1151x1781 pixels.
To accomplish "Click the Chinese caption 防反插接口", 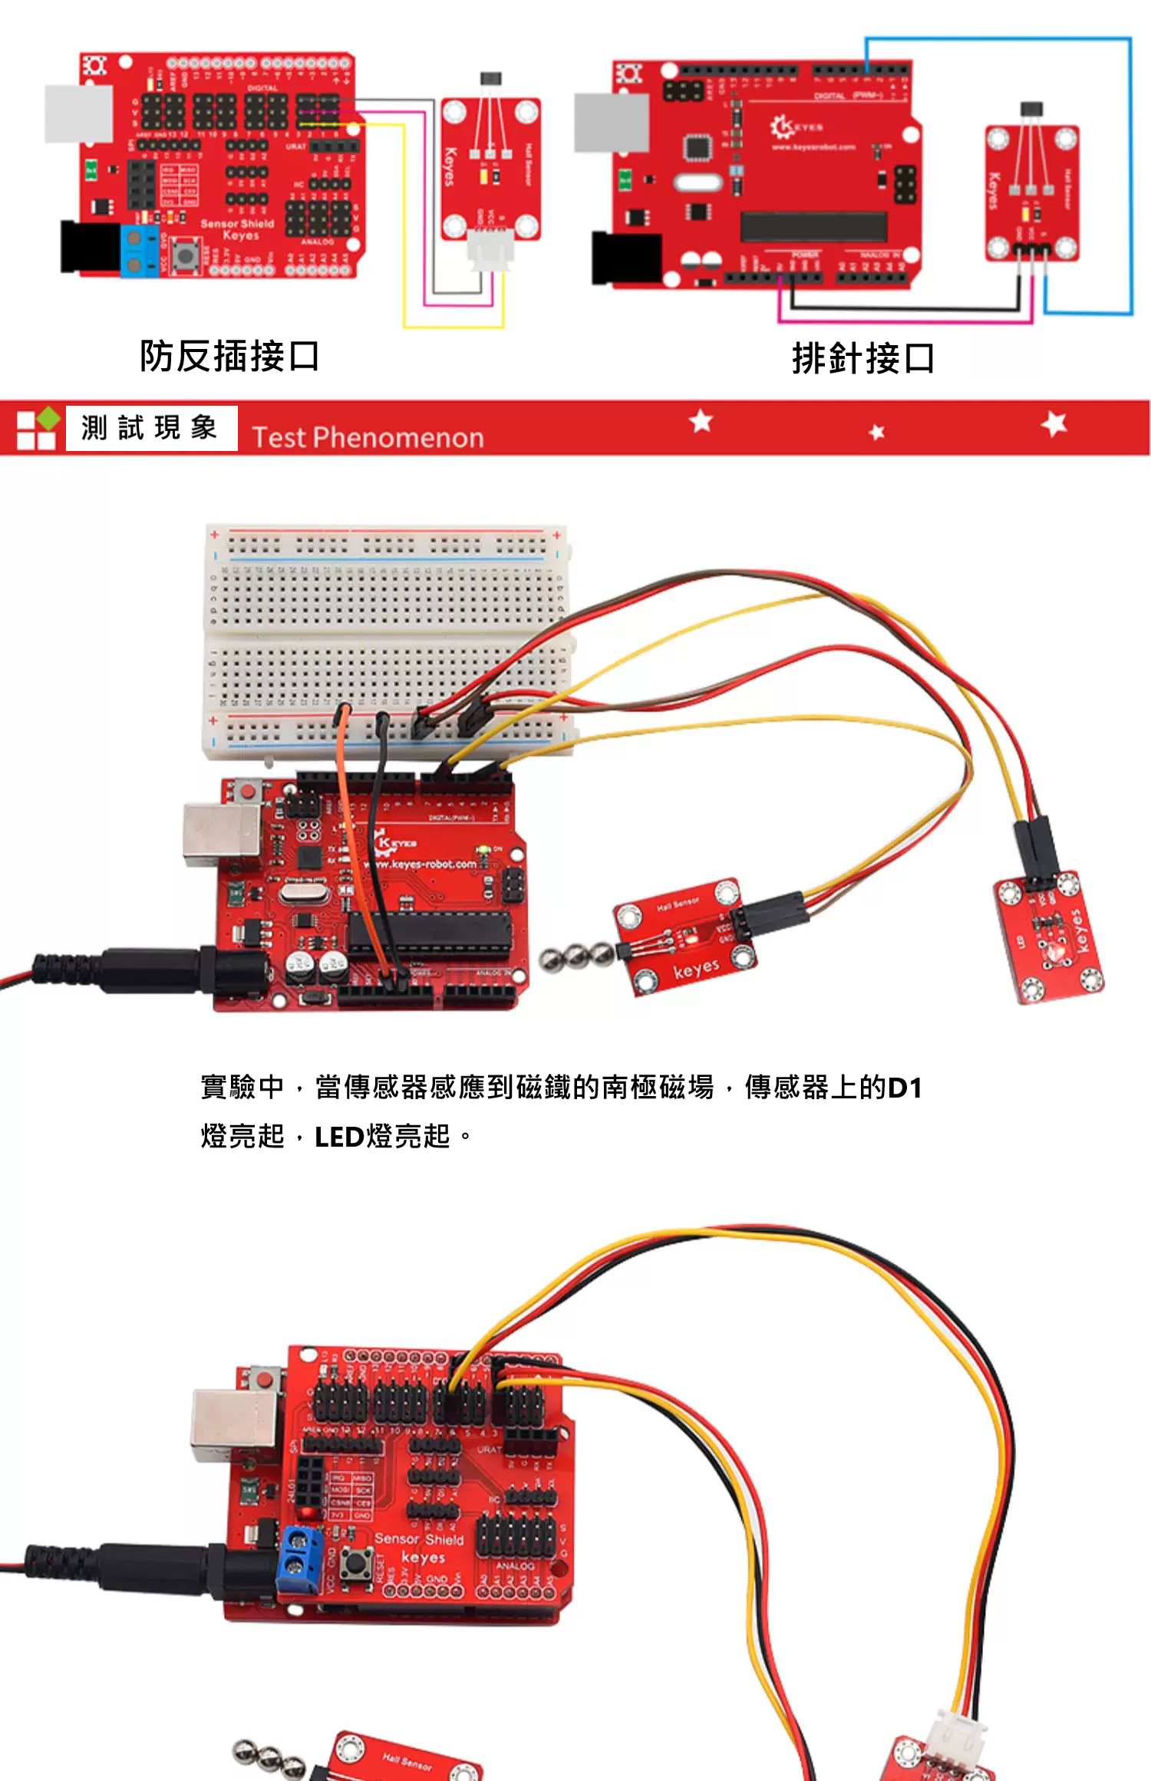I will click(x=229, y=356).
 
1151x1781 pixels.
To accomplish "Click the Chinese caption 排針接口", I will click(x=862, y=359).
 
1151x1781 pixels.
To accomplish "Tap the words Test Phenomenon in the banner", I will click(x=368, y=437).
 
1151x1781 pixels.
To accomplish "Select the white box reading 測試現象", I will click(x=150, y=428).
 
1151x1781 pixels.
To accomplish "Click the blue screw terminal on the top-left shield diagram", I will click(x=139, y=251).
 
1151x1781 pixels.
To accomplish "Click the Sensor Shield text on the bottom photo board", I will click(x=419, y=1539).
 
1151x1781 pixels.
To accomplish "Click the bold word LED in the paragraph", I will click(x=338, y=1137).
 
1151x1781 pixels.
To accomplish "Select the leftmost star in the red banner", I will click(x=701, y=420).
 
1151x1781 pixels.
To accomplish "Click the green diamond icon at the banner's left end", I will click(x=48, y=419).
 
